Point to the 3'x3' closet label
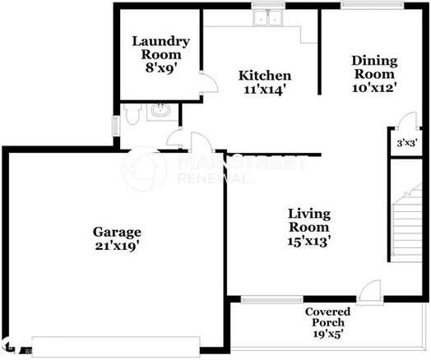click(x=406, y=142)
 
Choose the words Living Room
click(x=308, y=220)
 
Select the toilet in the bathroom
click(x=132, y=113)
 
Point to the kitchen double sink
click(x=268, y=21)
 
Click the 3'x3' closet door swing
click(x=401, y=122)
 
